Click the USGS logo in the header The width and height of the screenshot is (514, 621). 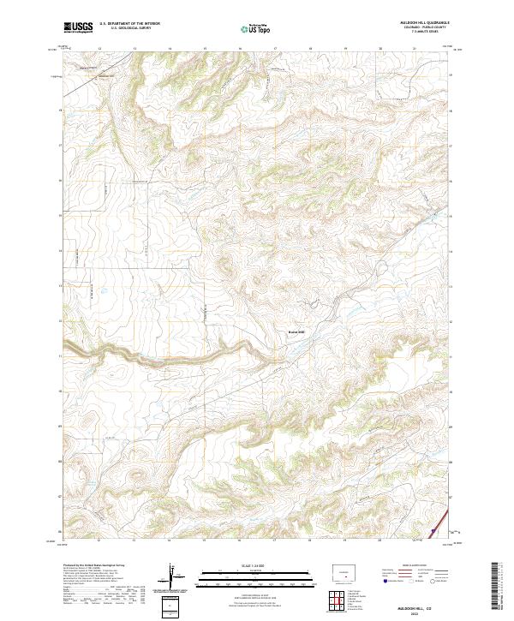click(x=79, y=27)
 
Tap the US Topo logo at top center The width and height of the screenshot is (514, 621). click(x=256, y=27)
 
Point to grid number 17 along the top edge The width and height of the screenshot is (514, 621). click(x=274, y=49)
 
